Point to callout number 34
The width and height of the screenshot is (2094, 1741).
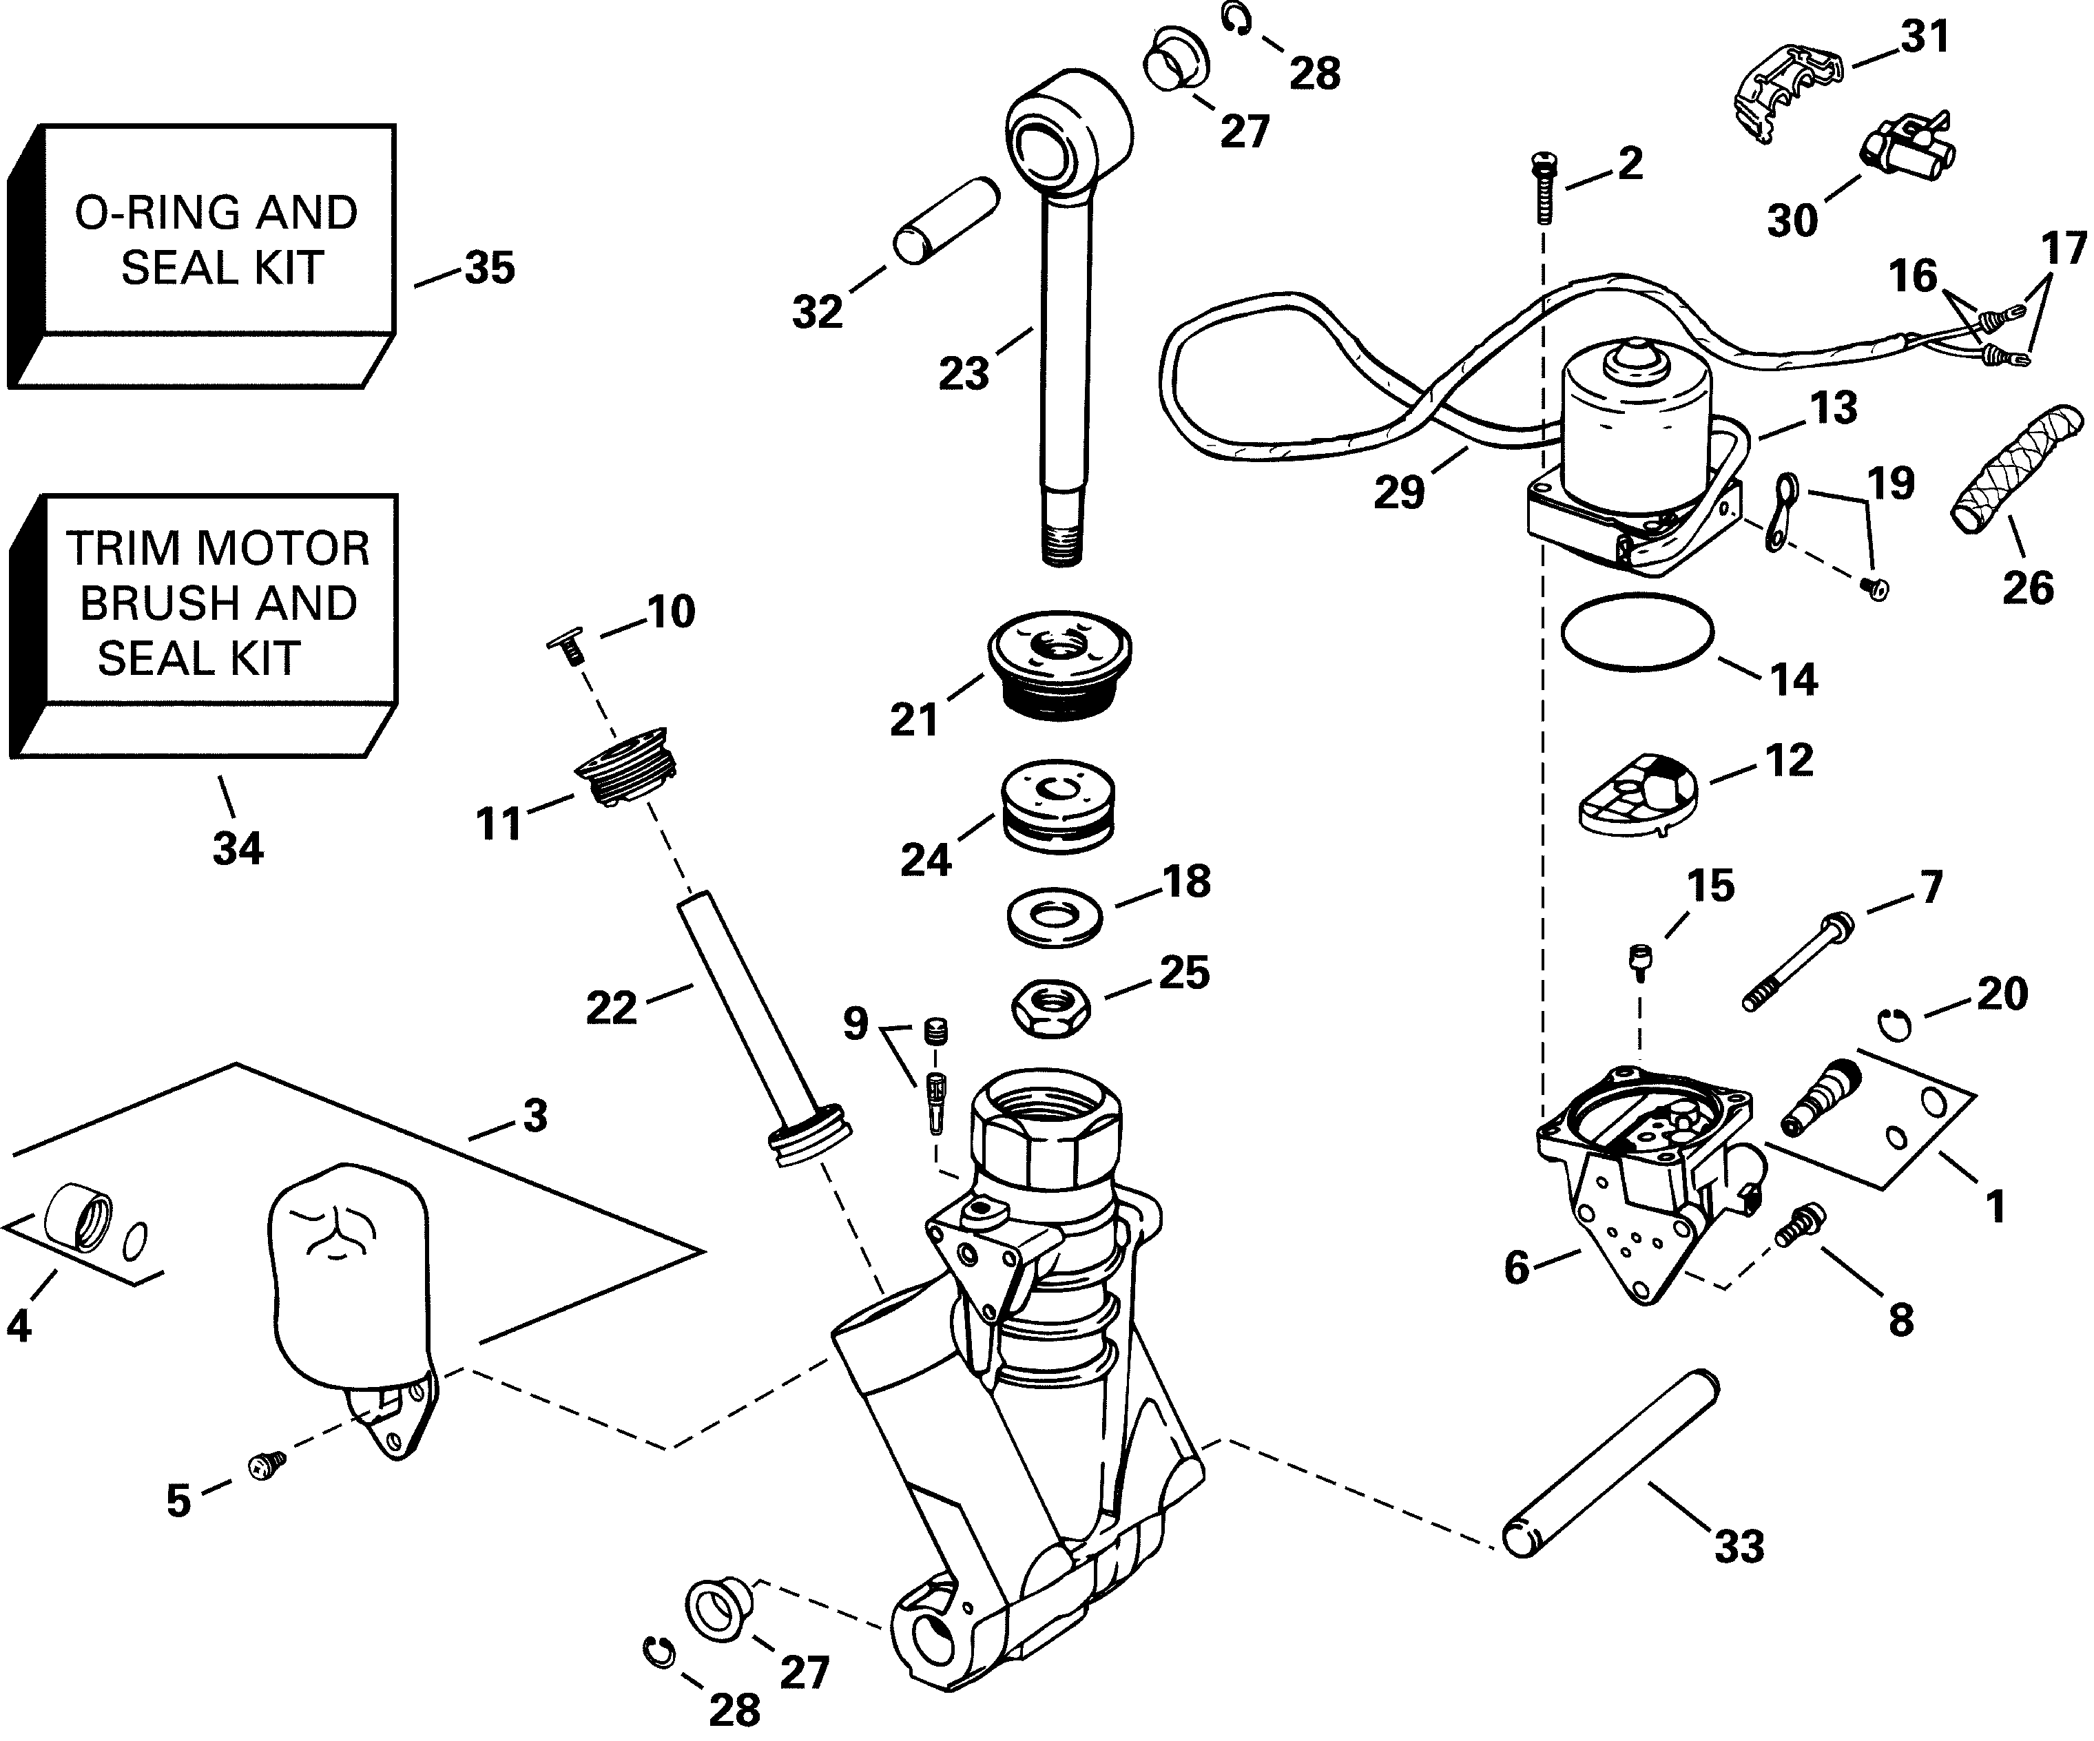point(238,848)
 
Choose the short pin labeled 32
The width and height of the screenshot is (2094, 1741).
point(946,220)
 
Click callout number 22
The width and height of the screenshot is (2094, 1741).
point(610,1008)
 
